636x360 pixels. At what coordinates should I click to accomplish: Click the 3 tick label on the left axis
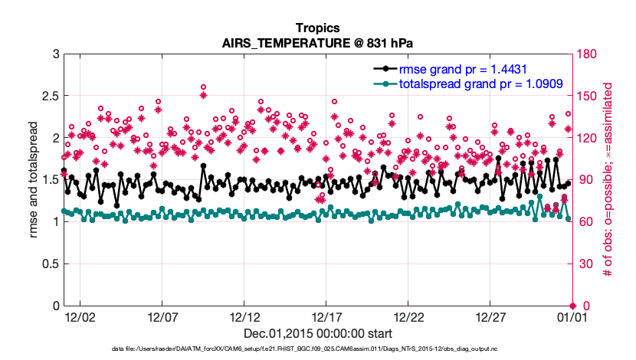tap(56, 54)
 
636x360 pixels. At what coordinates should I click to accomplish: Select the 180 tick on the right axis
tap(587, 54)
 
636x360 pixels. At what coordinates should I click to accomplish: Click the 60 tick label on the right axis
tap(584, 222)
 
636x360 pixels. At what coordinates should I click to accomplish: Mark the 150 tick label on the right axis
tap(587, 96)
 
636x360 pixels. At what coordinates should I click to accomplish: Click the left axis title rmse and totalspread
tap(34, 179)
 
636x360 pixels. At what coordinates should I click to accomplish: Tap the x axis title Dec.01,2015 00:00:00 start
tap(318, 334)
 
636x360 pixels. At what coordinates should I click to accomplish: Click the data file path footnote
tap(317, 349)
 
